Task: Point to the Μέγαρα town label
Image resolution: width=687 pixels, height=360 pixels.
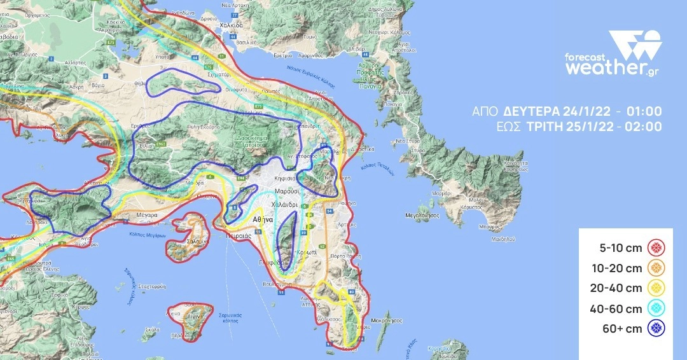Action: [x=146, y=216]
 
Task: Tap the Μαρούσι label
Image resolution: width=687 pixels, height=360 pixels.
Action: [x=287, y=191]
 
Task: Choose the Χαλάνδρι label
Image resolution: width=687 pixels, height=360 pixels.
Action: [x=284, y=204]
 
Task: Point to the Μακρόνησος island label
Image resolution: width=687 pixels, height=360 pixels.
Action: [x=386, y=321]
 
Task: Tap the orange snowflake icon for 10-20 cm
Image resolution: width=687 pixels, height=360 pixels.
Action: [x=655, y=268]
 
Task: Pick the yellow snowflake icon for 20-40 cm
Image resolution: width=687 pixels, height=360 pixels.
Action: [x=655, y=288]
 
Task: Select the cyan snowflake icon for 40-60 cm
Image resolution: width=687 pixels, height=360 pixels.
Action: [x=655, y=308]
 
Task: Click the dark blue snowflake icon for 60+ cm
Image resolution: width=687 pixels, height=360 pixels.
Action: [x=655, y=329]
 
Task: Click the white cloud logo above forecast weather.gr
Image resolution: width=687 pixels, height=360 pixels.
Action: [x=635, y=45]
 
